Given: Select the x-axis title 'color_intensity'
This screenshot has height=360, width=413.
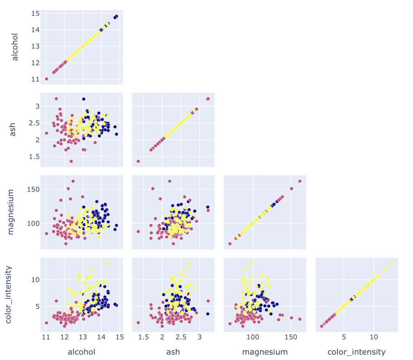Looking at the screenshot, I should pos(357,352).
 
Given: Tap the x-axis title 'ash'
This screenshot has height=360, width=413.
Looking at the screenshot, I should pos(173,352).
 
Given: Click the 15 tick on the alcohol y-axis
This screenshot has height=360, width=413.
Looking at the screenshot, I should pos(35,13).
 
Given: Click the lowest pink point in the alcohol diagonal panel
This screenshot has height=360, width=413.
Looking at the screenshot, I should pos(46,79).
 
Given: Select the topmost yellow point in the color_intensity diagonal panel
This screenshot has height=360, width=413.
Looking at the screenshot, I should pos(391,264).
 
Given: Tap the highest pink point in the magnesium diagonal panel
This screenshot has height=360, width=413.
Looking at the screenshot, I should pos(300,181).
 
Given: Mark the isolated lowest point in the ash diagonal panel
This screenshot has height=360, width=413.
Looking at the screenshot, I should pos(138,161).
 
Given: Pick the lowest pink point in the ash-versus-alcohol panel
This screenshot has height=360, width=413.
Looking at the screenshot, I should pos(71,161).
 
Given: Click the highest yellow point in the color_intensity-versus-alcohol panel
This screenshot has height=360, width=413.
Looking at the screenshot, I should pos(107,264).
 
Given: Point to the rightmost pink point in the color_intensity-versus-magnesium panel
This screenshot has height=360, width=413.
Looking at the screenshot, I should pos(300,319).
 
